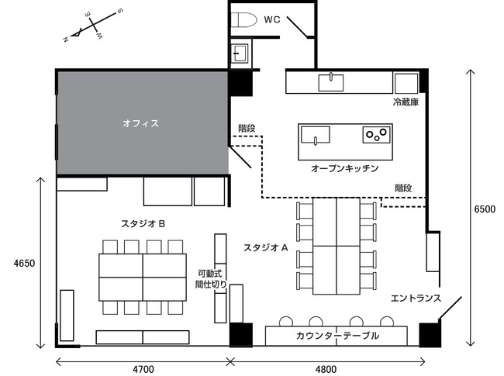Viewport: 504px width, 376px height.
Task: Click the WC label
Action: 272,20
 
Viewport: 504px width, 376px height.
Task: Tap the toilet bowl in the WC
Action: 244,20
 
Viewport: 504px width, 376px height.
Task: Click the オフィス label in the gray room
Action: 141,123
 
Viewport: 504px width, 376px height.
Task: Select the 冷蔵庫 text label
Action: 406,102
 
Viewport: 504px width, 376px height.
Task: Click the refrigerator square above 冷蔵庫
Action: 406,84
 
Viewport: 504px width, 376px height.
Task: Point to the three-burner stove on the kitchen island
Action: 376,134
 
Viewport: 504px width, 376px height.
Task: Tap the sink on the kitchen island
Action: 316,135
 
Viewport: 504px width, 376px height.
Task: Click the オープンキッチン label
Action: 344,168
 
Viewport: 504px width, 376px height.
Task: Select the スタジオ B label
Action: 143,224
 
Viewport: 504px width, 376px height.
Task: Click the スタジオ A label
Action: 265,248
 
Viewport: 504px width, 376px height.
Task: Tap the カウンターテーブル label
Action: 337,336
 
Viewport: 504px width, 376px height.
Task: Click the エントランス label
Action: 416,298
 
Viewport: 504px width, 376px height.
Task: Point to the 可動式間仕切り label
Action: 211,279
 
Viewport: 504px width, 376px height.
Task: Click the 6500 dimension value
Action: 485,209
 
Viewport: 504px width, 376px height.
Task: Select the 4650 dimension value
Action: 24,264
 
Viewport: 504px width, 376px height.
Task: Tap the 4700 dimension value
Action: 143,370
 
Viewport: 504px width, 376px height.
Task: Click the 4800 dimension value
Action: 326,370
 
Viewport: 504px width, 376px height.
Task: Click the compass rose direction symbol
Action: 92,25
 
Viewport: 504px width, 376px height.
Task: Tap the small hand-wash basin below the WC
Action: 240,53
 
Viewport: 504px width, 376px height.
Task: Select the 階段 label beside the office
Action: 247,128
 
